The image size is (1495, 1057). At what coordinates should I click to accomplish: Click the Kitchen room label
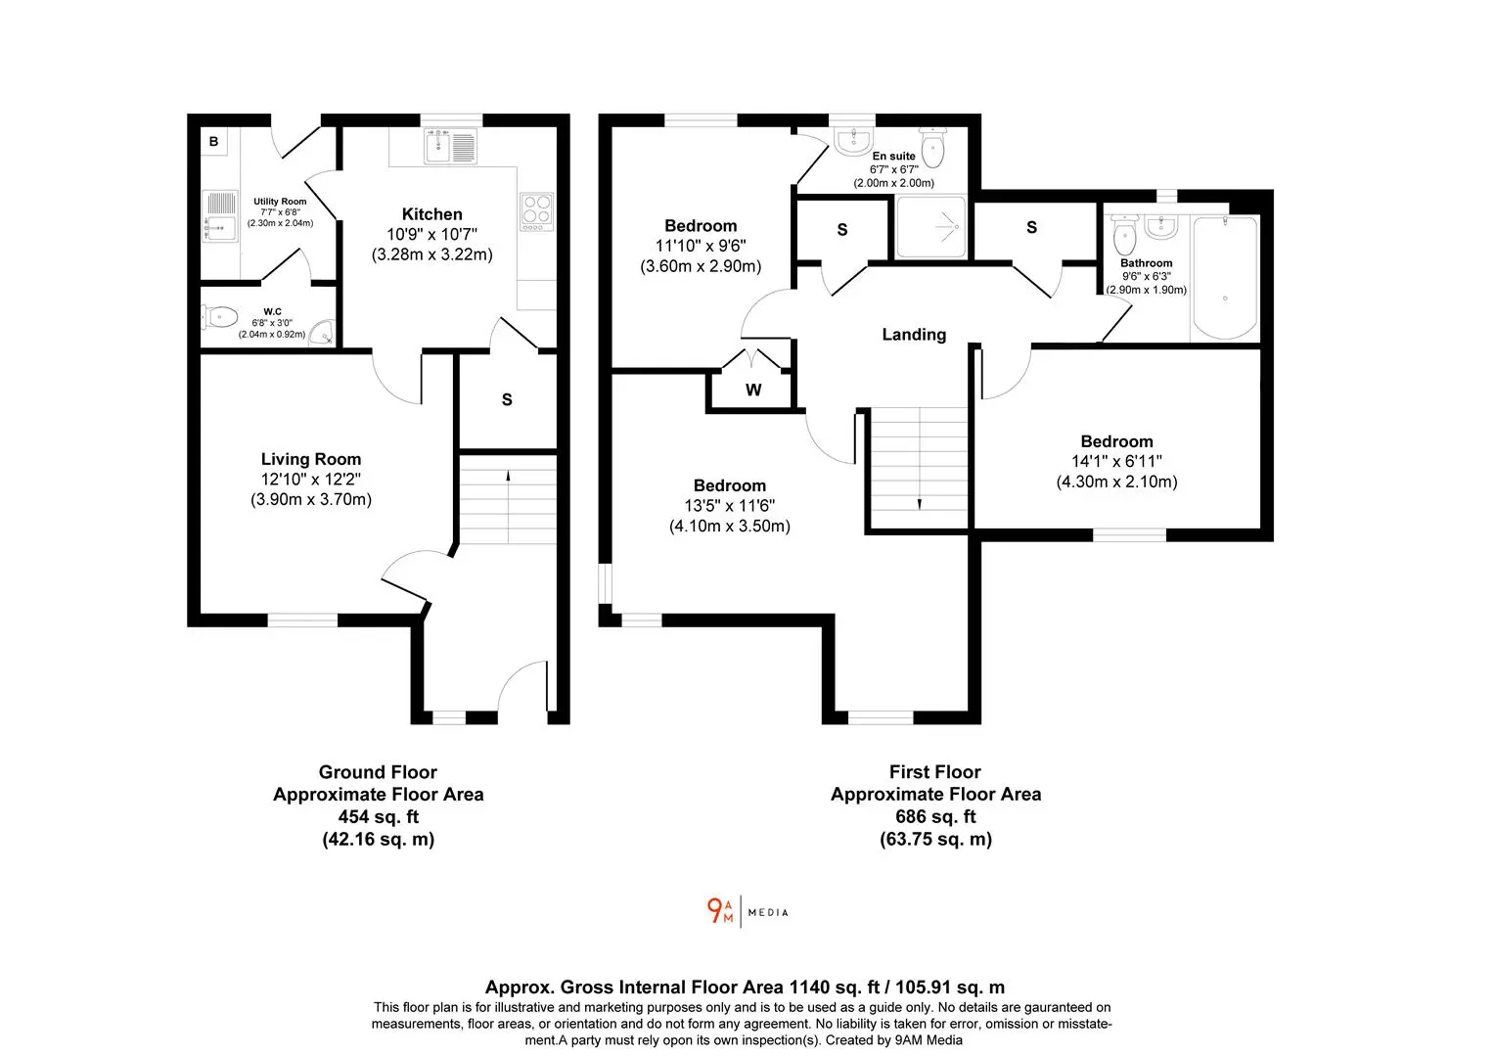[431, 214]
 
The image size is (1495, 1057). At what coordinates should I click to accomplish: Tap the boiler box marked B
[213, 142]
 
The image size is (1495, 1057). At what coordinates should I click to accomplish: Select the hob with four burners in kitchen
[536, 211]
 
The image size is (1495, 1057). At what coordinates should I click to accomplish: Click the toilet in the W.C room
[219, 316]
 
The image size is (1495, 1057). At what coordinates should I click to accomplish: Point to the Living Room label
[311, 459]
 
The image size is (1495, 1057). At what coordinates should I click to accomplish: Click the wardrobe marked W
[752, 390]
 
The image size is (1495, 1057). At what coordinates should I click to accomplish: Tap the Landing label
[914, 335]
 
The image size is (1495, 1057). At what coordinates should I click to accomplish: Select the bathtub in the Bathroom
[1225, 277]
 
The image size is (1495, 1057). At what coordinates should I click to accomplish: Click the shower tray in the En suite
[930, 226]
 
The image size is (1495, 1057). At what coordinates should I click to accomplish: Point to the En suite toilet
[932, 148]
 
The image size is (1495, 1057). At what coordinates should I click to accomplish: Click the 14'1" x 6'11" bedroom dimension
[1116, 461]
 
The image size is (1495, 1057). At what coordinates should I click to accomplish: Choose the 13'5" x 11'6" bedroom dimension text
[730, 505]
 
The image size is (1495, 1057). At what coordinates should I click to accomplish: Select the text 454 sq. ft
[379, 816]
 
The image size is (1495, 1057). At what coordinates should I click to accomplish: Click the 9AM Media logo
[747, 911]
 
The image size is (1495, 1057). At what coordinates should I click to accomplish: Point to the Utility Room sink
[219, 216]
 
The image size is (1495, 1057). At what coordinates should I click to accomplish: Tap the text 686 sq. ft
[935, 816]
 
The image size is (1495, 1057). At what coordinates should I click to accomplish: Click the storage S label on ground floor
[507, 400]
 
